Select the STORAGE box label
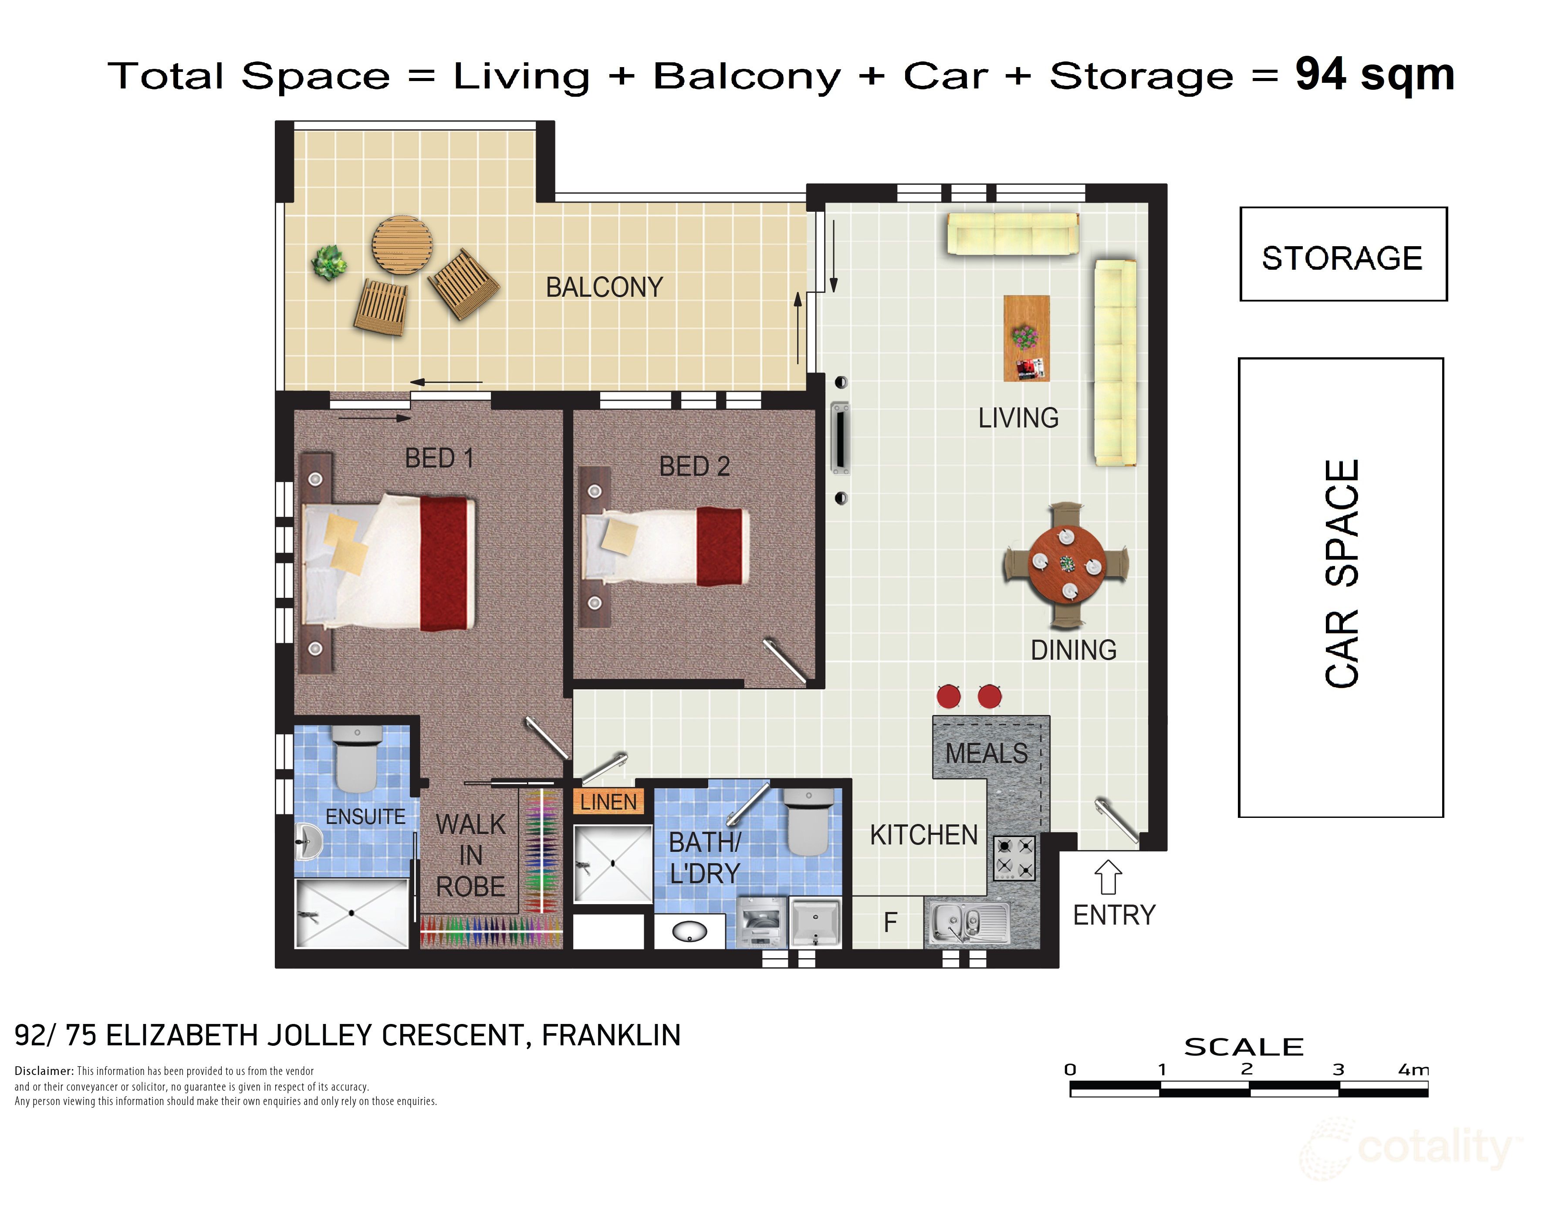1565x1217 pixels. (1342, 258)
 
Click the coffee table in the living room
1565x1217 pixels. (1026, 338)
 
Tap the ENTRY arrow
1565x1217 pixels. (1108, 877)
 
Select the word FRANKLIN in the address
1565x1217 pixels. (611, 1036)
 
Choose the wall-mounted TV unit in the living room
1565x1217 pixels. (839, 437)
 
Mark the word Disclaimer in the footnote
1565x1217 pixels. (44, 1071)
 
